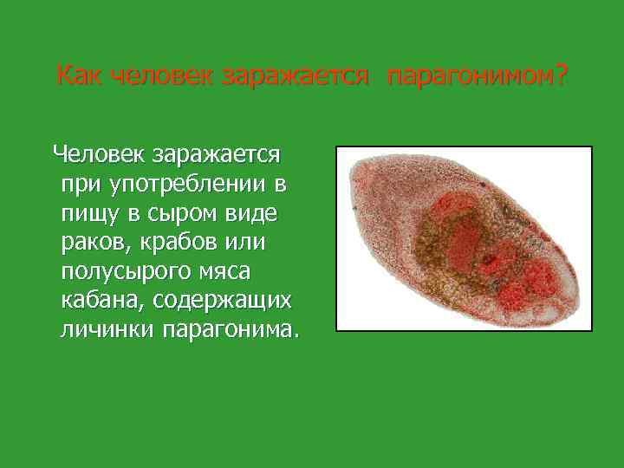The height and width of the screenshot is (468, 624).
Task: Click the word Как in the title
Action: (77, 76)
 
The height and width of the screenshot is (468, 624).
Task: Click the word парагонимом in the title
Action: (467, 76)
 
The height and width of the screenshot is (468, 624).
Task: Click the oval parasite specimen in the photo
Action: (463, 238)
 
